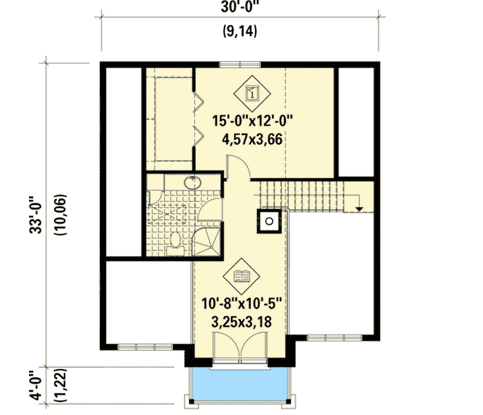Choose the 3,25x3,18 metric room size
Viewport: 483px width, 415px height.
click(x=243, y=323)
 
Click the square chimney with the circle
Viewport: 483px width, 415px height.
click(x=268, y=221)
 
